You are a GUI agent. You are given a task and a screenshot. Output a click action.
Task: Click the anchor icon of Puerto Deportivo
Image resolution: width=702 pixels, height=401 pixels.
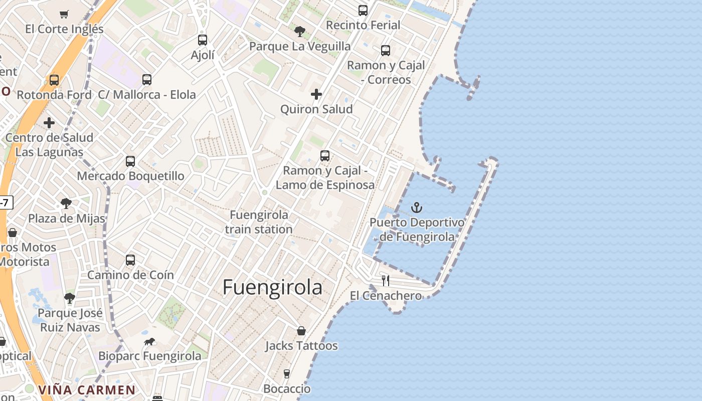point(417,207)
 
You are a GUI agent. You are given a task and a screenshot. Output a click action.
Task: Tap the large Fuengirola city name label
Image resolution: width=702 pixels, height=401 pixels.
point(272,288)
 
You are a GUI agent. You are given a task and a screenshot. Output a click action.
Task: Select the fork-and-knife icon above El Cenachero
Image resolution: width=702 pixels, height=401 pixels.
point(386,281)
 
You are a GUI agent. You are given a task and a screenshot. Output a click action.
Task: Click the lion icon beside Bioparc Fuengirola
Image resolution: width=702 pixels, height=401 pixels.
point(149,342)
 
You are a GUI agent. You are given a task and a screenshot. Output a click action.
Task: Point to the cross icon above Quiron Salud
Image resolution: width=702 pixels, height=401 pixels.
point(316,94)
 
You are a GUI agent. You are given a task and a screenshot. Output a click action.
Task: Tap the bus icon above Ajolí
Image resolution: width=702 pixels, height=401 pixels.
point(203,40)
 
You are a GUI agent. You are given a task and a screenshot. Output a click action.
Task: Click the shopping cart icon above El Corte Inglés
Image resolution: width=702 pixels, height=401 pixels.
point(64,14)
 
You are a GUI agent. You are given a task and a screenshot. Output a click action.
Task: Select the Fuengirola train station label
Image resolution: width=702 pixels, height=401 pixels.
point(259,222)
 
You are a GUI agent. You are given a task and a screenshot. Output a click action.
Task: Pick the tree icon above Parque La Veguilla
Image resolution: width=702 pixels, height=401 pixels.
point(300,32)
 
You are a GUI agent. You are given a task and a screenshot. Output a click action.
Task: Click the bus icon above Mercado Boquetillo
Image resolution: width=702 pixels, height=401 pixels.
point(130,161)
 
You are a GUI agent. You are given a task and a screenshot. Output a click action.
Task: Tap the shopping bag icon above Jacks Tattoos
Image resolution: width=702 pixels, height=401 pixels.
point(301,331)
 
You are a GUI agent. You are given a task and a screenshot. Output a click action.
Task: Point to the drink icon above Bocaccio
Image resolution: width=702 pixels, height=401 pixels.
point(287,374)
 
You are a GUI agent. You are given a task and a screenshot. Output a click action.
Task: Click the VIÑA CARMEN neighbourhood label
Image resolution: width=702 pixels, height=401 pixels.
point(87,390)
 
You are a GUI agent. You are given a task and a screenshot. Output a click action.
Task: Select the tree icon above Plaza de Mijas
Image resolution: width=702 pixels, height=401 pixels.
point(66,204)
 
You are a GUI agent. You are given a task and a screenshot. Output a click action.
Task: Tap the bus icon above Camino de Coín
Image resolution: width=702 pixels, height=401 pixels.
point(130,260)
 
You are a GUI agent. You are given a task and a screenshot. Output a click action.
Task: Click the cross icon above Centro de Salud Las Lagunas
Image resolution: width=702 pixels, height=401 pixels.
point(49,123)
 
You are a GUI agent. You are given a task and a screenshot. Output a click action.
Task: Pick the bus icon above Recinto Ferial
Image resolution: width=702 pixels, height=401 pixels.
point(363,11)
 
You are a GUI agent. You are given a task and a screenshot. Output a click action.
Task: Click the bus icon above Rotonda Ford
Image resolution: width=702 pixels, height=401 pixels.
point(54,80)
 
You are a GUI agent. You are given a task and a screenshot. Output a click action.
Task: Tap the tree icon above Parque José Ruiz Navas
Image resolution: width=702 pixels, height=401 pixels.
point(70,298)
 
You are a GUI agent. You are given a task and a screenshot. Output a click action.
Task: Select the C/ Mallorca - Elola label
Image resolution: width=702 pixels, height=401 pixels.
point(147,95)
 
